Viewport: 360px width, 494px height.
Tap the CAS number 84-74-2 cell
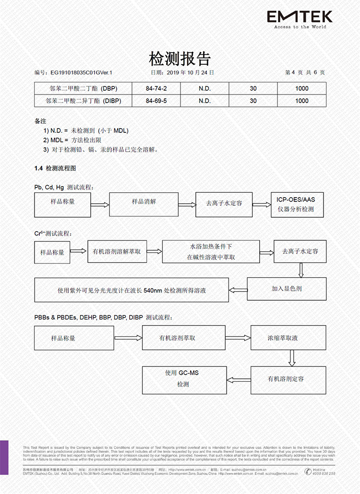(156, 88)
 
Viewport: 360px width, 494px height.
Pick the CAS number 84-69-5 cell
(156, 101)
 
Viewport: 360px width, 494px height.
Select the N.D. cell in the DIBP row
(204, 101)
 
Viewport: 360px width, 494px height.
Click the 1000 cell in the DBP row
(302, 88)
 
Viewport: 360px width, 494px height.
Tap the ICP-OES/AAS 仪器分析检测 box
(296, 204)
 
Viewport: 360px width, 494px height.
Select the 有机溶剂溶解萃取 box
(117, 251)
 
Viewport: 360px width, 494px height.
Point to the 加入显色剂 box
(287, 289)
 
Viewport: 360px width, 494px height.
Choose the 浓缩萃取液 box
(283, 338)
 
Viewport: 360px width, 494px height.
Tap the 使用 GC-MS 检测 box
(184, 379)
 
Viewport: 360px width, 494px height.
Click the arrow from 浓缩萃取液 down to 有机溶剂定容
(291, 358)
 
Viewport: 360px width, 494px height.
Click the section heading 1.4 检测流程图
(55, 168)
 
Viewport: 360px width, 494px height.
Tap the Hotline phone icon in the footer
(308, 471)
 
